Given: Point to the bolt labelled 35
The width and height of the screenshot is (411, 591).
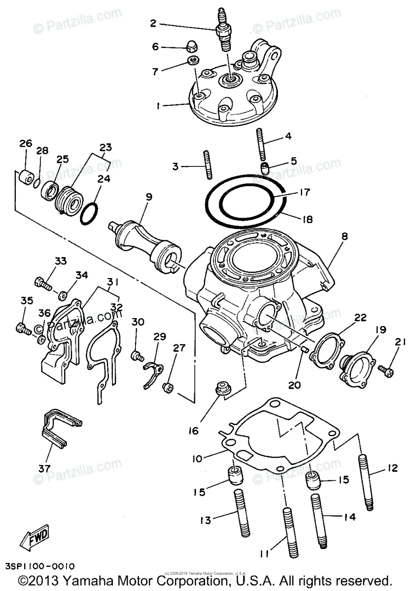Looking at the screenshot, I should pyautogui.click(x=22, y=327).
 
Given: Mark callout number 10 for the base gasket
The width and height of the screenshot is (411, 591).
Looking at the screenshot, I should pyautogui.click(x=197, y=459).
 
